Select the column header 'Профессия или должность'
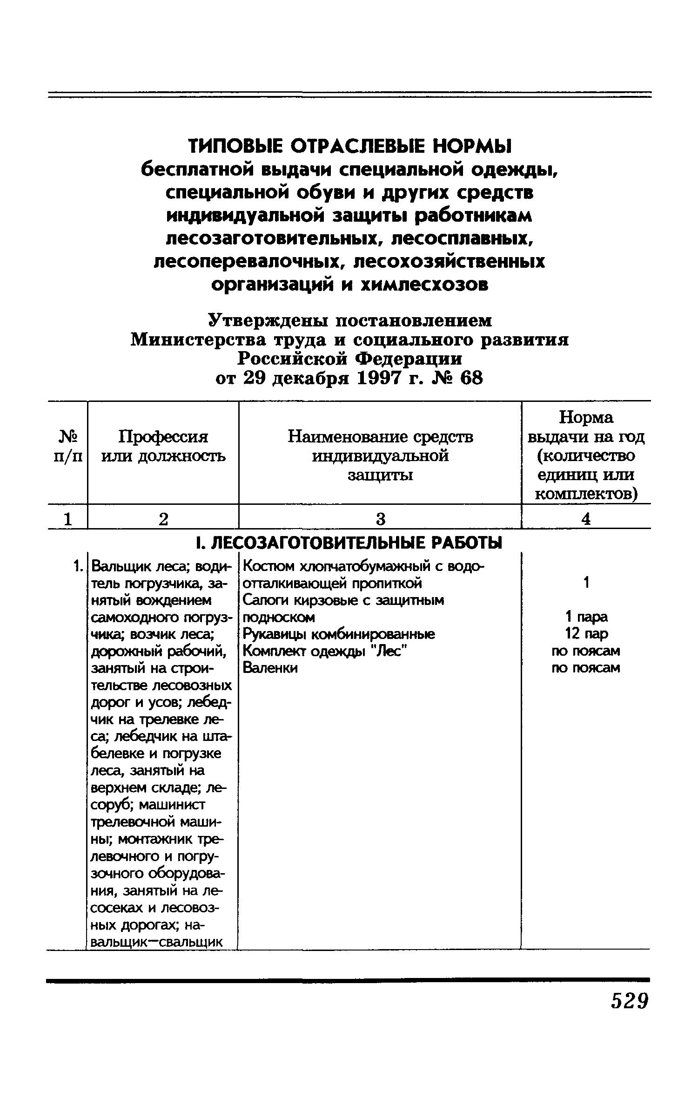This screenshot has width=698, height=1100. [x=163, y=446]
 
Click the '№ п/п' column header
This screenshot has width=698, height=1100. [x=68, y=446]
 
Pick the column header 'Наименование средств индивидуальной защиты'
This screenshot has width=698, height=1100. [x=380, y=455]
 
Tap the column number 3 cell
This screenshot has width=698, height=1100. [x=381, y=519]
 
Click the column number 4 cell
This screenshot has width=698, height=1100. [x=586, y=519]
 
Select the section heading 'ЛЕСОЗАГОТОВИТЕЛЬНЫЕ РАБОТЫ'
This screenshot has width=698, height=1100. [x=356, y=543]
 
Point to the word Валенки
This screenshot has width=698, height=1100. [x=270, y=668]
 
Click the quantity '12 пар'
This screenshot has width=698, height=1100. [x=586, y=634]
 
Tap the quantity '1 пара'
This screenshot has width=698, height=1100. [x=586, y=617]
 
